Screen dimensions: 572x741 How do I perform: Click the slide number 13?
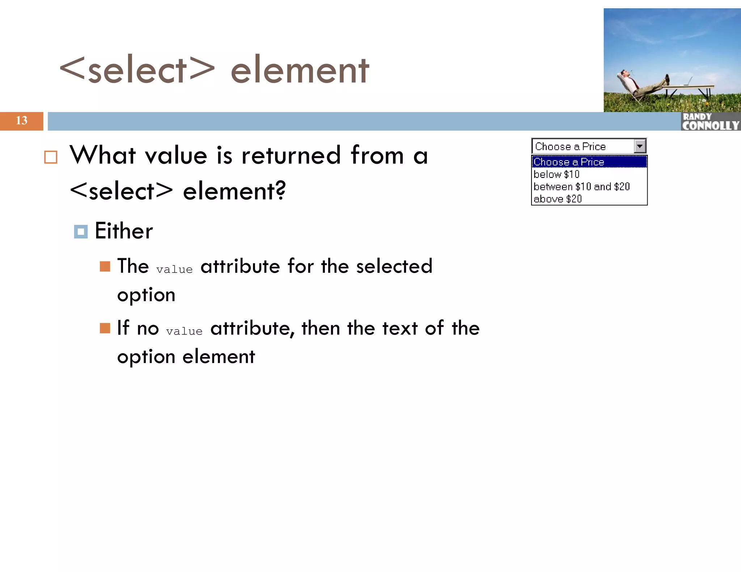pos(21,120)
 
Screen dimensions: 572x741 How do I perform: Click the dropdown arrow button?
pos(640,146)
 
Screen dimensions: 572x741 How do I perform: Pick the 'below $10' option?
pos(556,174)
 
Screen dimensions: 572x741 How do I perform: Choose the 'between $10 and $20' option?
pos(581,187)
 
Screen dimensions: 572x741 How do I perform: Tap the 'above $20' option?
pos(558,199)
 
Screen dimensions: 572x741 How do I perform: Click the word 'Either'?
pos(124,231)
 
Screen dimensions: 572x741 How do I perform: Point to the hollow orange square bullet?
pos(51,157)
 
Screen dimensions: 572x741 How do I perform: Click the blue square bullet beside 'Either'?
pos(81,232)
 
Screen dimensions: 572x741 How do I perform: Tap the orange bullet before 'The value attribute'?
pos(105,266)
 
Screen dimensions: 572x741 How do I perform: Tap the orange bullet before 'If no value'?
pos(105,328)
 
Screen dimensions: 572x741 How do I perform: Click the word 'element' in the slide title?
pos(300,70)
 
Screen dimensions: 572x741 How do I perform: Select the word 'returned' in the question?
pos(291,155)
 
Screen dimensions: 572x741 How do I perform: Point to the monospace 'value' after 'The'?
pos(174,269)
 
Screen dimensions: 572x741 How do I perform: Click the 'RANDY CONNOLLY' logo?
pos(710,121)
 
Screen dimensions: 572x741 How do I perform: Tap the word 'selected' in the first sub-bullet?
pos(394,266)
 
